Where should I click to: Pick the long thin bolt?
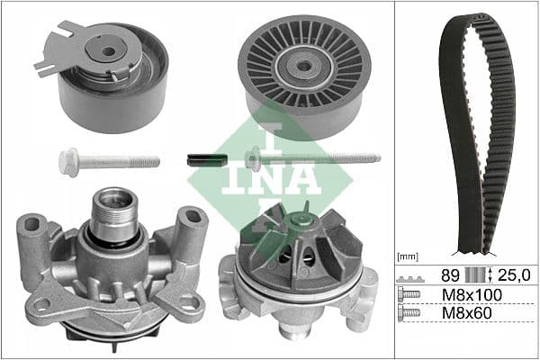(x=315, y=158)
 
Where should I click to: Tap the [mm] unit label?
(x=408, y=256)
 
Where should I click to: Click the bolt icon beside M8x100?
(x=409, y=294)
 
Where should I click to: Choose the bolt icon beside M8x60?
(x=409, y=314)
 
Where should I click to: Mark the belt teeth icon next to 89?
(x=409, y=273)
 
